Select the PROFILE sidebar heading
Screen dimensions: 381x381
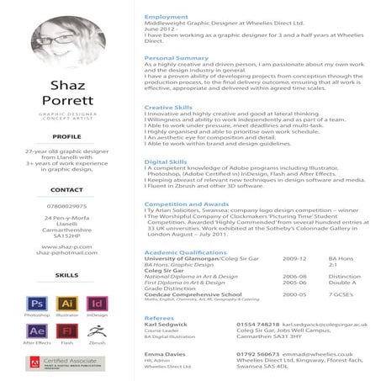point(67,135)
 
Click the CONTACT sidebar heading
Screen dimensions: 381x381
point(67,190)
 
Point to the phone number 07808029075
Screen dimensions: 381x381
point(67,206)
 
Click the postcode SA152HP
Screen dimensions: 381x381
point(67,237)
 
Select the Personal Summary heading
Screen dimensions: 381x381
point(176,57)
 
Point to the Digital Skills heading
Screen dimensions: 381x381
point(167,161)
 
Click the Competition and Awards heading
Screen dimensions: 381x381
point(186,204)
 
